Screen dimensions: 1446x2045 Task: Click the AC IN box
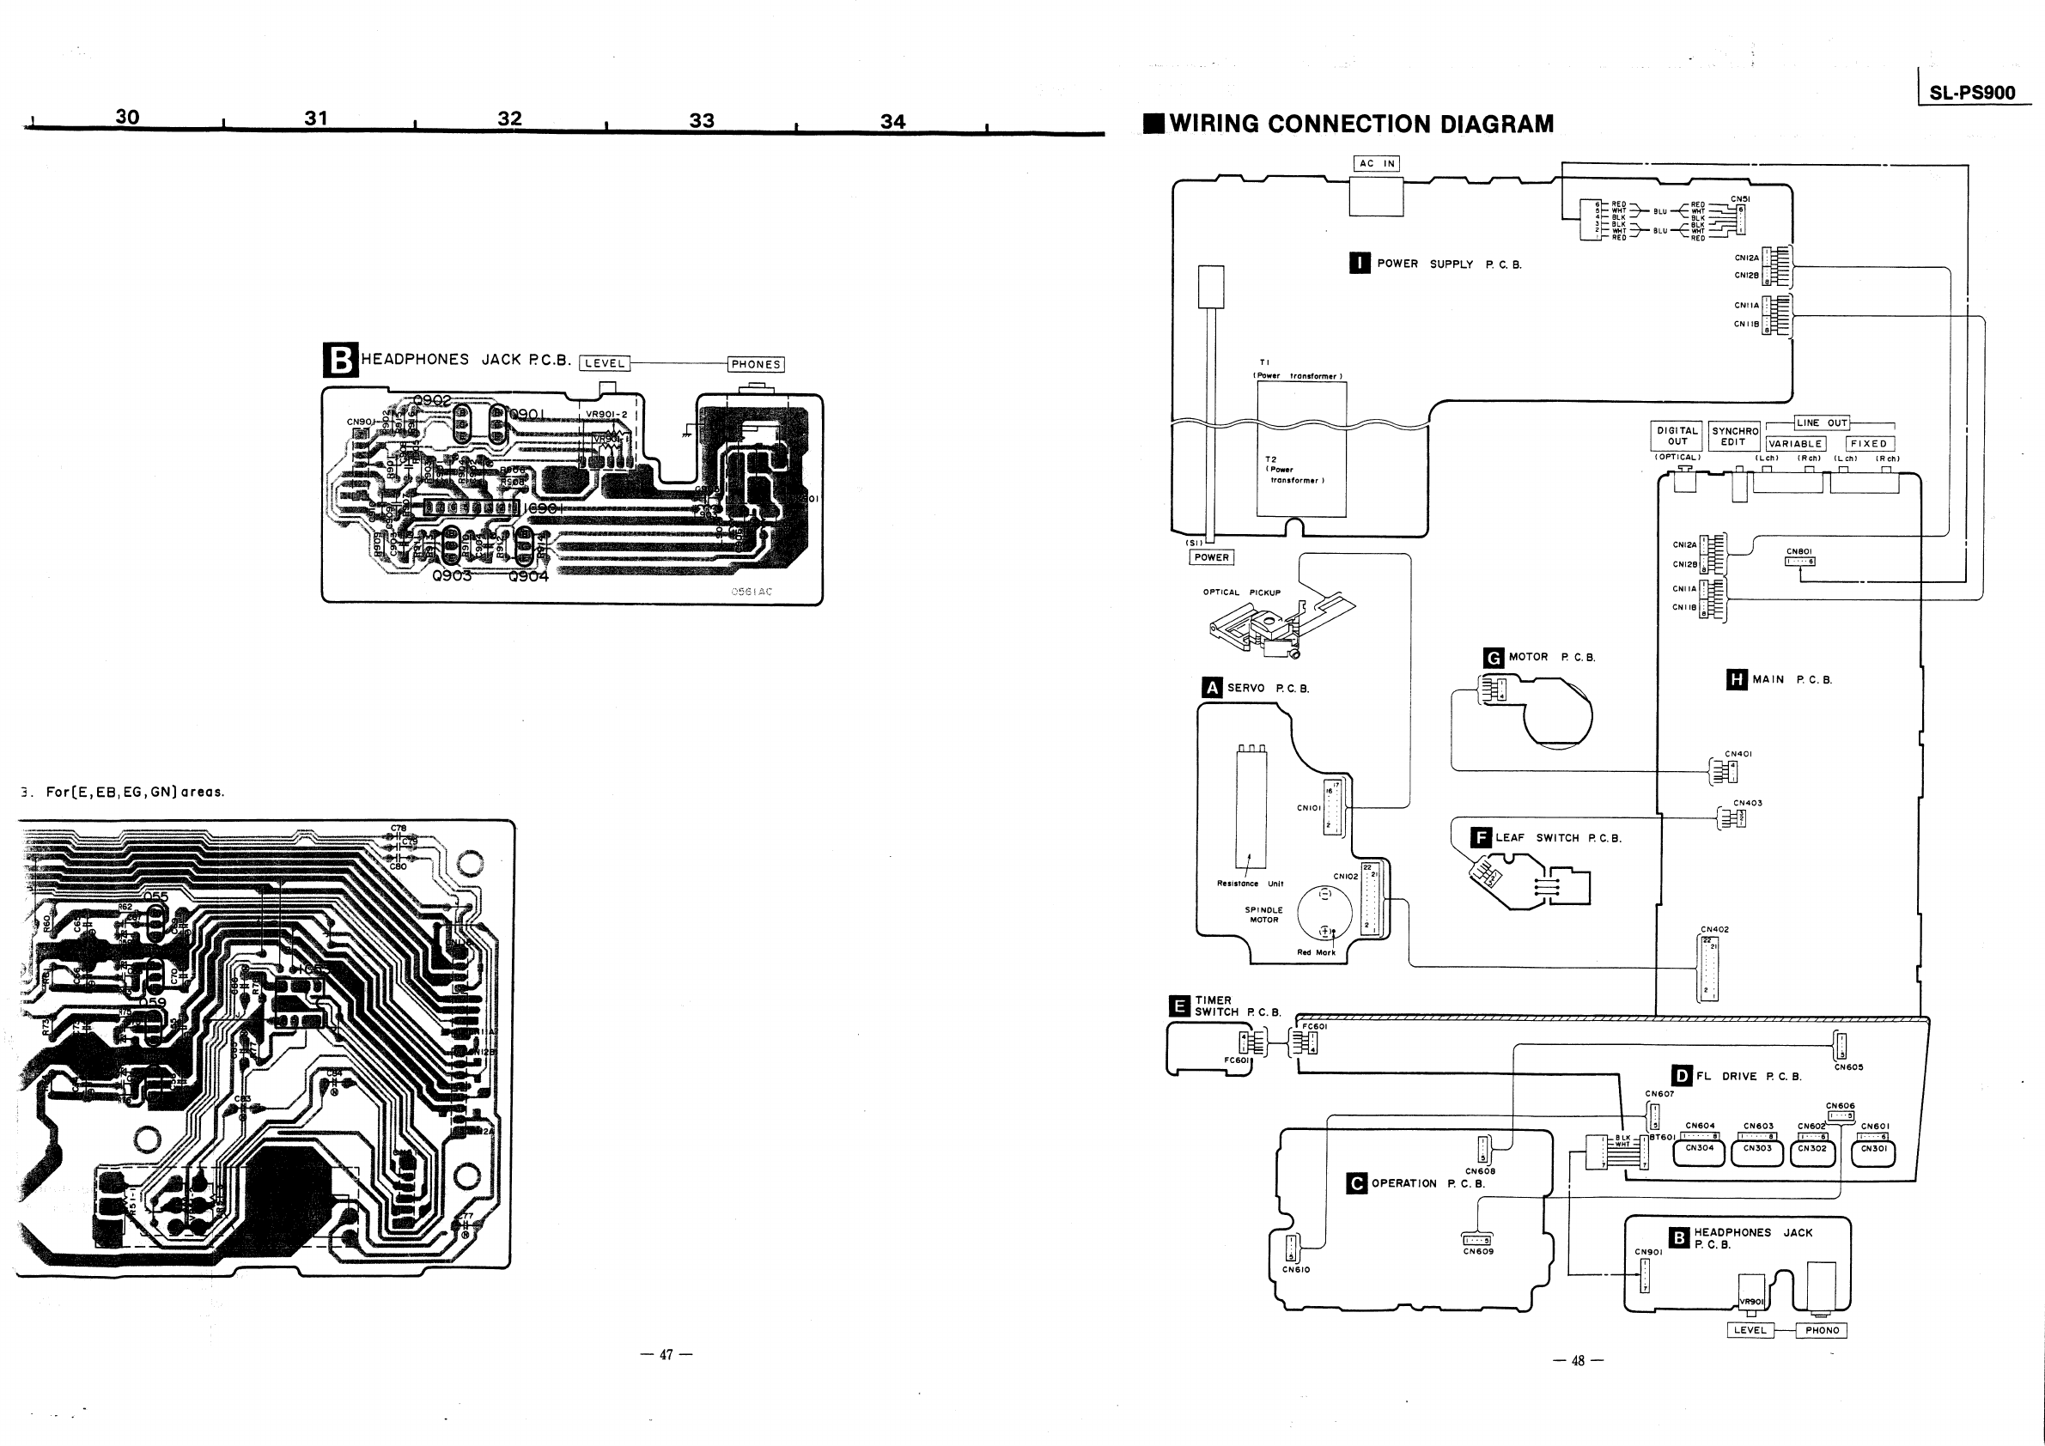[1377, 163]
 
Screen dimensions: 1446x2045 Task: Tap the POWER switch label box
[1211, 557]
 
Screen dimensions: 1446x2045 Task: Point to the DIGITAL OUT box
[1677, 436]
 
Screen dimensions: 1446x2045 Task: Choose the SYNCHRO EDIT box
[1733, 436]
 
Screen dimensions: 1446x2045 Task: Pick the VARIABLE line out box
[1796, 443]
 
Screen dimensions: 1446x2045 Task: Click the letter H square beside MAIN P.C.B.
[1736, 679]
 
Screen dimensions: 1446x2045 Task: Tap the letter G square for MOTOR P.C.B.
[1494, 658]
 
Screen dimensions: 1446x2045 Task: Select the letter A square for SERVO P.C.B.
[1211, 688]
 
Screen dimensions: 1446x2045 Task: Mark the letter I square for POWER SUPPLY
[1360, 264]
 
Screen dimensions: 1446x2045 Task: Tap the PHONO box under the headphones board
[1823, 1330]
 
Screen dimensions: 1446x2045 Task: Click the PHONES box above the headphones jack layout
[755, 364]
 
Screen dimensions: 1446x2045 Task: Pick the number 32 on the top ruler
[509, 118]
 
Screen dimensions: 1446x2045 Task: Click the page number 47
[666, 1354]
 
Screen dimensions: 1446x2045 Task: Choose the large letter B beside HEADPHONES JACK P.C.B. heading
[339, 361]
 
